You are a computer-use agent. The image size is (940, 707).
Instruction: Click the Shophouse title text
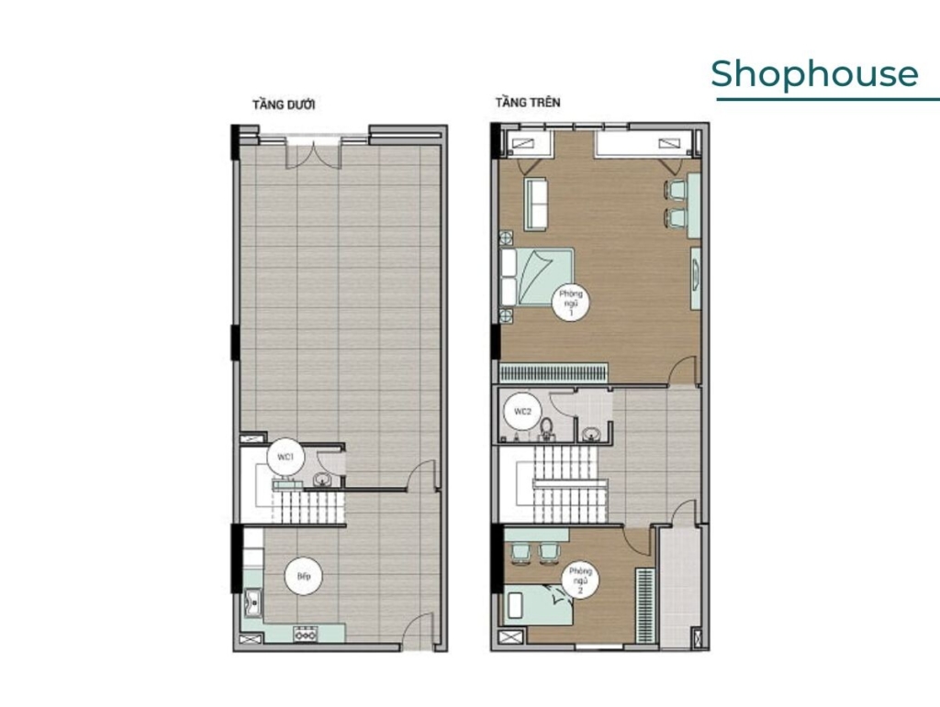pyautogui.click(x=814, y=74)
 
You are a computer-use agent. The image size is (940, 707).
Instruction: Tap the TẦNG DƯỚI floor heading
pyautogui.click(x=284, y=105)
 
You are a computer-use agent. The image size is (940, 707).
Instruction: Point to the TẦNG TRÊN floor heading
pyautogui.click(x=528, y=103)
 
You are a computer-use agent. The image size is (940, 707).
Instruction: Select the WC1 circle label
pyautogui.click(x=286, y=458)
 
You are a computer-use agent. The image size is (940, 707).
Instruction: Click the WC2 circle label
pyautogui.click(x=522, y=411)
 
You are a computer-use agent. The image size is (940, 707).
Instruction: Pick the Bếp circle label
pyautogui.click(x=304, y=577)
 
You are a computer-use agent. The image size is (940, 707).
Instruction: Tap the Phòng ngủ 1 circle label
pyautogui.click(x=571, y=303)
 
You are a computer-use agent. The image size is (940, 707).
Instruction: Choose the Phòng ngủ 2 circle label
pyautogui.click(x=580, y=580)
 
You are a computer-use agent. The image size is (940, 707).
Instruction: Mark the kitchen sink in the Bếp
pyautogui.click(x=253, y=602)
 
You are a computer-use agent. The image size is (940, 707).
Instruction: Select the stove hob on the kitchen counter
pyautogui.click(x=305, y=634)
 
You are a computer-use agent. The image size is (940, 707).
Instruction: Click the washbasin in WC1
pyautogui.click(x=322, y=479)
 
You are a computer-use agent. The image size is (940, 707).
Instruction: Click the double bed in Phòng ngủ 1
pyautogui.click(x=538, y=277)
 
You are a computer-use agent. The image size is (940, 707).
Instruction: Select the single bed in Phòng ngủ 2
pyautogui.click(x=538, y=605)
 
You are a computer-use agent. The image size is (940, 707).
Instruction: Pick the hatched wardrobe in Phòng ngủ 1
pyautogui.click(x=554, y=373)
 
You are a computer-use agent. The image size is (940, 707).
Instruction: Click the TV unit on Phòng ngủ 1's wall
pyautogui.click(x=696, y=278)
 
